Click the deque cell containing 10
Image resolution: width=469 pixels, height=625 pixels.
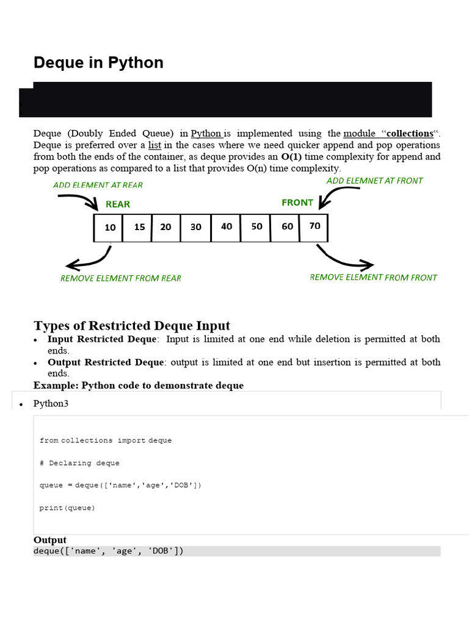point(109,227)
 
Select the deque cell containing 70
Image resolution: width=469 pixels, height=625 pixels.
point(315,226)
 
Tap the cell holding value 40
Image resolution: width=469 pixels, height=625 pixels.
point(227,226)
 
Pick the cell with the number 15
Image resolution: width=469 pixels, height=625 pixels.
point(139,226)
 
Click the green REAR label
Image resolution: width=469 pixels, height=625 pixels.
point(118,204)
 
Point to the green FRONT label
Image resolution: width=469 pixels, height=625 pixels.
point(297,203)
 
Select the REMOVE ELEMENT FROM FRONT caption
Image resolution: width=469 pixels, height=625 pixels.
point(374,277)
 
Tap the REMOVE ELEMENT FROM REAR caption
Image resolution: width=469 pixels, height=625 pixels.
point(121,278)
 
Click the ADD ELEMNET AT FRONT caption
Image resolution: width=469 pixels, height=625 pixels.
point(374,181)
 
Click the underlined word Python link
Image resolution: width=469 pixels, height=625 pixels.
point(206,134)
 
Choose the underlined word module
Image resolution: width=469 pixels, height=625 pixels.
point(360,134)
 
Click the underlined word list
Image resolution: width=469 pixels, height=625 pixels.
point(155,145)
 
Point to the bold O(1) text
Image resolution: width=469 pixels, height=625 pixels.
point(291,157)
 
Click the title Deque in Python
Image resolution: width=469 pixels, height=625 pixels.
point(98,63)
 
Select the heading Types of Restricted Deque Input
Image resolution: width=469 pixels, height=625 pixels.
point(132,325)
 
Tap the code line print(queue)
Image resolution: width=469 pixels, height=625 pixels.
point(67,508)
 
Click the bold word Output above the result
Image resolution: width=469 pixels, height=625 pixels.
point(50,540)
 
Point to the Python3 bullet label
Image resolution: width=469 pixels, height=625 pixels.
point(55,404)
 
